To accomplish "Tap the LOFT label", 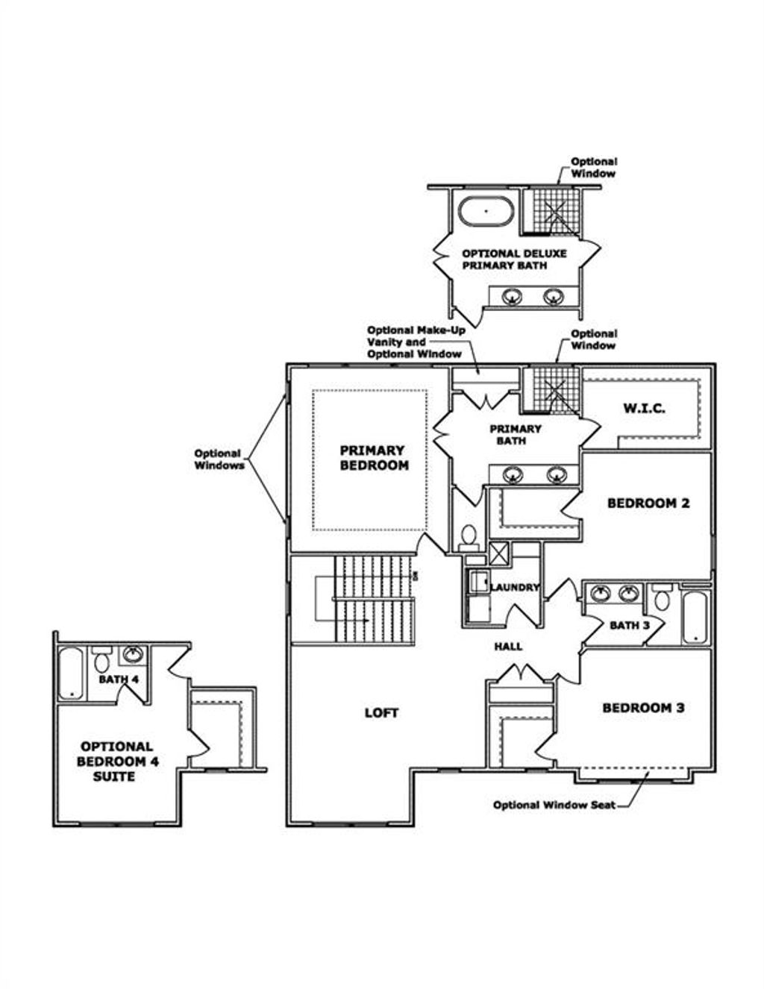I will tap(381, 713).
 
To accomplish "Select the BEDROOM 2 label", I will tap(648, 503).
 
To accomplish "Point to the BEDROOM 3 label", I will tap(643, 708).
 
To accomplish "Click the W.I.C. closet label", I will tap(644, 409).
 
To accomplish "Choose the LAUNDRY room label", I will tap(515, 588).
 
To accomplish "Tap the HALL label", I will tap(508, 647).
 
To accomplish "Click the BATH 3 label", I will tap(630, 625).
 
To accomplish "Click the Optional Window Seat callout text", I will tap(554, 806).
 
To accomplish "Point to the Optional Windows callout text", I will tap(219, 459).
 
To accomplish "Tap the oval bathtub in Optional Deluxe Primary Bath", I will tap(486, 211).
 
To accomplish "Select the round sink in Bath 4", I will tap(133, 654).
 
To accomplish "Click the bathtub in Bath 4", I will tap(72, 674).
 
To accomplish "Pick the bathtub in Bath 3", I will tap(695, 618).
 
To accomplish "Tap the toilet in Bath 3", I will tap(662, 597).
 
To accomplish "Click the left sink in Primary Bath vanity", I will tap(512, 474).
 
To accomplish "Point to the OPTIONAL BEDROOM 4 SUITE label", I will tap(116, 762).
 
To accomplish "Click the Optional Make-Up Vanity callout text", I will tap(415, 342).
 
